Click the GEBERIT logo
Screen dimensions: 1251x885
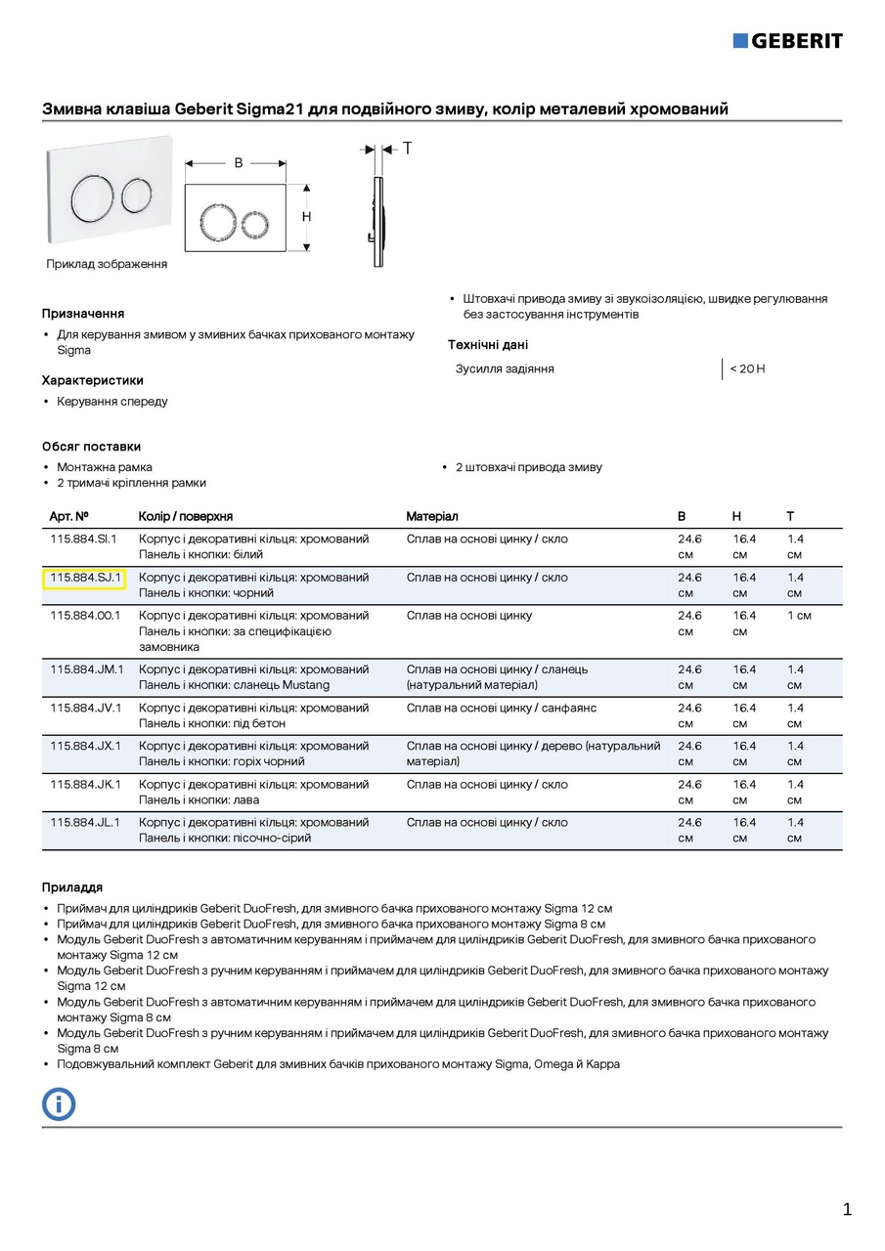click(x=787, y=40)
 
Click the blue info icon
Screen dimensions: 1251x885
click(x=59, y=1103)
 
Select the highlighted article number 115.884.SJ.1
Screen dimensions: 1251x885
click(x=84, y=578)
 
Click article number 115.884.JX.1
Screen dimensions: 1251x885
click(x=84, y=746)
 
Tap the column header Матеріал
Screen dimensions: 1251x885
click(x=432, y=516)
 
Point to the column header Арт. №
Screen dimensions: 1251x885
click(x=69, y=516)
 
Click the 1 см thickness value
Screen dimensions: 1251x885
click(x=799, y=616)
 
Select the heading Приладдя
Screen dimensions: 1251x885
click(x=71, y=887)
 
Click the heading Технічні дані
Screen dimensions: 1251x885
click(x=488, y=345)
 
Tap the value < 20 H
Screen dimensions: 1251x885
click(x=747, y=368)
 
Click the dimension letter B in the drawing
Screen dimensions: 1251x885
click(x=238, y=163)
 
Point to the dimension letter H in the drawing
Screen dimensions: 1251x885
click(x=306, y=216)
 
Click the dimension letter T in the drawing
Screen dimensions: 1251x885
click(x=407, y=149)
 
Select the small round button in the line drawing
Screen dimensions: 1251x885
click(x=253, y=218)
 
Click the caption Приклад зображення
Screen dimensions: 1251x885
click(x=107, y=264)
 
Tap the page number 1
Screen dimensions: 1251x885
click(x=847, y=1209)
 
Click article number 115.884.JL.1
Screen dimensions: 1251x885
click(x=84, y=823)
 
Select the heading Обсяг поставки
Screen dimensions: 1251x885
click(x=91, y=447)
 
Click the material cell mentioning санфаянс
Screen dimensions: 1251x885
click(x=502, y=708)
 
